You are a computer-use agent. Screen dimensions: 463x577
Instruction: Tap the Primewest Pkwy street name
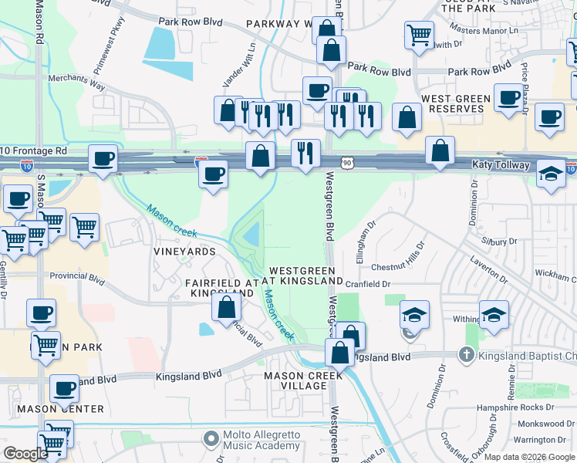point(117,34)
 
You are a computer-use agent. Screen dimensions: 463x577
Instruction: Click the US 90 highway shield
point(348,162)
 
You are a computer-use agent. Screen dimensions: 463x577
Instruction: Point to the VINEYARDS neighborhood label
point(184,252)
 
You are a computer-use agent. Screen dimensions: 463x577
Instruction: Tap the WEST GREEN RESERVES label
point(456,104)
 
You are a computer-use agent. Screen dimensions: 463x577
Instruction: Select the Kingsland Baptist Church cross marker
point(465,355)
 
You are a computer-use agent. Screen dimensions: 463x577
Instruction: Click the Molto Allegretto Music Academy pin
point(211,439)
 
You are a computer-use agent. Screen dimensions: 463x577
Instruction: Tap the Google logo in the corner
point(25,454)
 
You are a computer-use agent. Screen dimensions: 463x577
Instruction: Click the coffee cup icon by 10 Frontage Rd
point(102,159)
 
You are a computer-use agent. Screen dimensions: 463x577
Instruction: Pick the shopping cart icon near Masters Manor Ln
point(419,34)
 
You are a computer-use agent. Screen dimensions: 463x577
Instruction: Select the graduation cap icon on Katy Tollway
point(551,174)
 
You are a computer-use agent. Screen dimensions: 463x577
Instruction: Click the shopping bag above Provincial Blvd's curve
point(227,307)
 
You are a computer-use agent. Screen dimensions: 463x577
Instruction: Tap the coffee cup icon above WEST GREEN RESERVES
point(508,98)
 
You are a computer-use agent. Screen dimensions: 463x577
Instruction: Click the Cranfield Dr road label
point(368,284)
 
